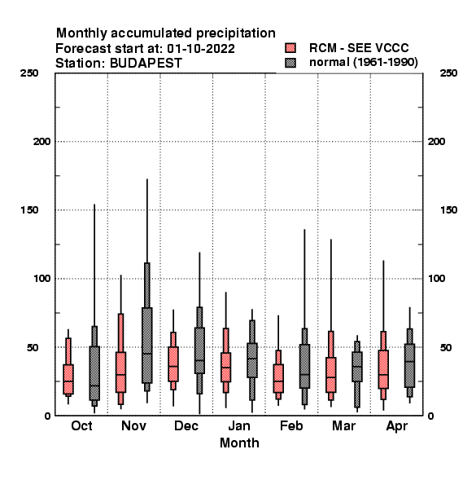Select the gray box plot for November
(x=147, y=343)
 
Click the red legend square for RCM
(x=290, y=48)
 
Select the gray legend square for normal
(x=290, y=63)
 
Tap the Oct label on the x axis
(x=81, y=425)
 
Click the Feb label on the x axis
(x=291, y=425)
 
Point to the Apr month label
(x=396, y=426)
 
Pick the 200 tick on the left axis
(x=41, y=142)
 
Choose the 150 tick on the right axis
(x=448, y=210)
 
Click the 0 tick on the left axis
(x=47, y=416)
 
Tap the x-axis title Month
(x=239, y=443)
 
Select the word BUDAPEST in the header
(x=146, y=64)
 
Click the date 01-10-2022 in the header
(x=201, y=49)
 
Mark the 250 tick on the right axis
(x=448, y=73)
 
